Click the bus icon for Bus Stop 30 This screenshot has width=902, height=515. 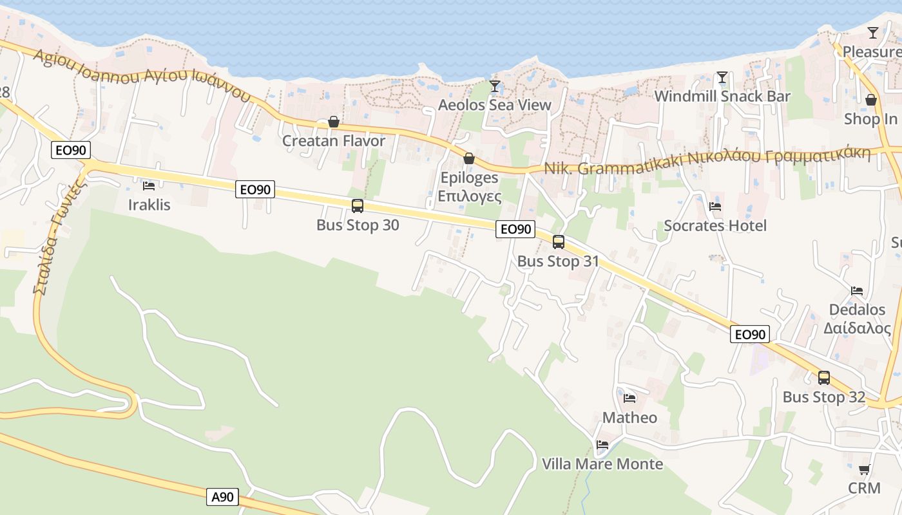[x=358, y=206]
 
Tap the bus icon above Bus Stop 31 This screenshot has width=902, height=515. [x=559, y=242]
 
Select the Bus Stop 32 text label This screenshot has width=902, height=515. [x=823, y=397]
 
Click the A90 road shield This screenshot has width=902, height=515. [x=223, y=497]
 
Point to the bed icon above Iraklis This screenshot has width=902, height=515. [x=149, y=186]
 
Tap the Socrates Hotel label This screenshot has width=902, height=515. [x=715, y=226]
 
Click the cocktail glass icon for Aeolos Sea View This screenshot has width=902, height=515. [x=495, y=86]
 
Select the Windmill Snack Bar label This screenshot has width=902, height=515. [x=722, y=97]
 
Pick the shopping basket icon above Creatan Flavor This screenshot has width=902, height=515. [x=334, y=122]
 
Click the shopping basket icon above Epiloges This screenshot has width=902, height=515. [x=469, y=158]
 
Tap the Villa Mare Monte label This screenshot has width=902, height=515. [x=602, y=464]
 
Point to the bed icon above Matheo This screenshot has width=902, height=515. [x=629, y=398]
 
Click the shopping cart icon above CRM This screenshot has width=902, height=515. [x=865, y=470]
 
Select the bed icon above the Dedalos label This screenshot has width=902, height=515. [x=857, y=290]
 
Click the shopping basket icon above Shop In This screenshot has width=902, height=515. [x=871, y=100]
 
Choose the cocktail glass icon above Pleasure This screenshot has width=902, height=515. [x=873, y=33]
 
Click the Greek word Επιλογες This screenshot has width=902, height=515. [x=469, y=196]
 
